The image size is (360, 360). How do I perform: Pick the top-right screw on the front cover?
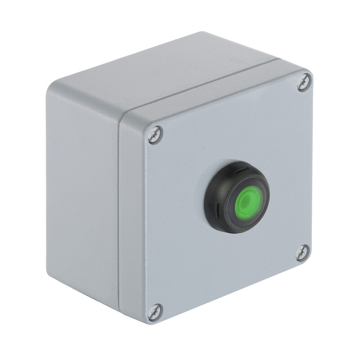(304, 82)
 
